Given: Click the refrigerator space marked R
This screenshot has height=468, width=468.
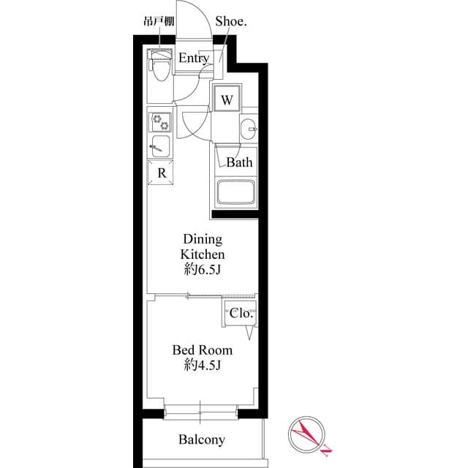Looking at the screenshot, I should pyautogui.click(x=161, y=173).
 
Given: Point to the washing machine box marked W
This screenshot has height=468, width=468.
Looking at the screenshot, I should pyautogui.click(x=227, y=99).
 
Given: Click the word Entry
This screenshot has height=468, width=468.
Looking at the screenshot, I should pyautogui.click(x=194, y=58).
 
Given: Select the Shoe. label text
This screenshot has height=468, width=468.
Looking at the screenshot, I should pyautogui.click(x=231, y=21).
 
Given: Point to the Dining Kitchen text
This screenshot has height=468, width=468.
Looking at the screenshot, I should pyautogui.click(x=203, y=247).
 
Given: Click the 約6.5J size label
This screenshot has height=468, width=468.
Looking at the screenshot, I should pyautogui.click(x=203, y=270).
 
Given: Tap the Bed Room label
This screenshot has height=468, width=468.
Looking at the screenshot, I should pyautogui.click(x=203, y=350).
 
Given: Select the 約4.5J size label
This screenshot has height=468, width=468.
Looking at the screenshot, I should pyautogui.click(x=203, y=365).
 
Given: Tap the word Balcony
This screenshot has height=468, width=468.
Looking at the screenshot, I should pyautogui.click(x=202, y=439).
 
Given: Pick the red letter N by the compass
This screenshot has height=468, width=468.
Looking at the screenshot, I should pyautogui.click(x=325, y=450).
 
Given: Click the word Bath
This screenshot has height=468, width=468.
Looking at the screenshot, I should pyautogui.click(x=239, y=162).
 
